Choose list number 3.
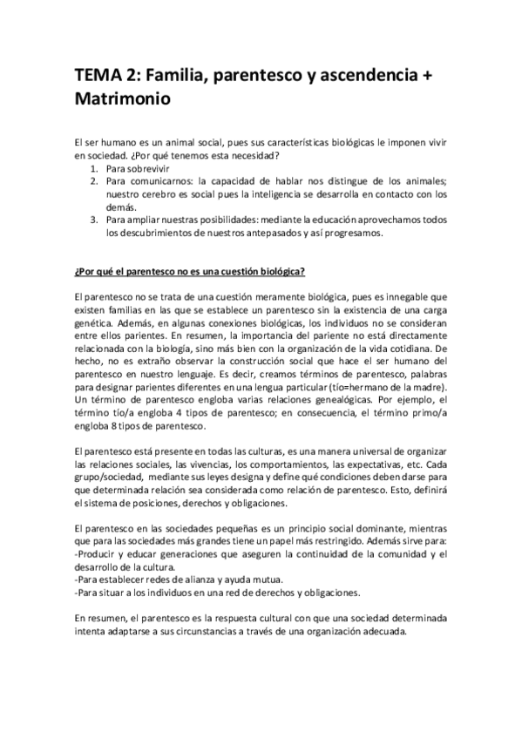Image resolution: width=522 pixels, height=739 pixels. [95, 220]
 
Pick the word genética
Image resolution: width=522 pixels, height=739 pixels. [95, 322]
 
